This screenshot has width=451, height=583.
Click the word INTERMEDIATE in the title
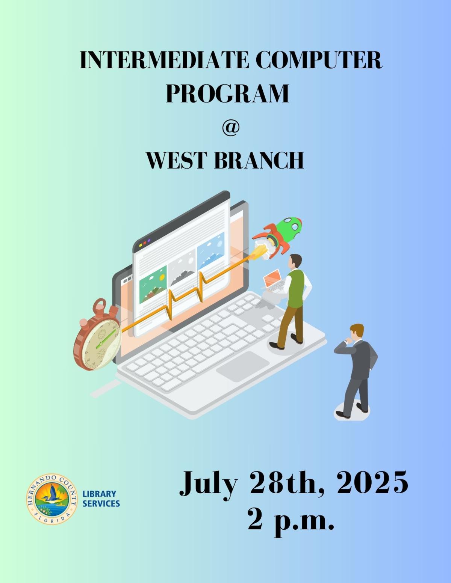pos(164,60)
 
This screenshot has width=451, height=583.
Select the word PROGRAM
pos(227,93)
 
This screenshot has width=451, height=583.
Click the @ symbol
pos(230,128)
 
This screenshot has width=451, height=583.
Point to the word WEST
pos(177,160)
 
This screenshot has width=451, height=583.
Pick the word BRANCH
pos(259,160)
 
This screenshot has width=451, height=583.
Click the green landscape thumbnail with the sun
pos(153,285)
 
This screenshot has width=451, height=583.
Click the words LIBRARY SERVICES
pos(101,499)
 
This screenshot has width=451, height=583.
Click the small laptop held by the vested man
pos(274,281)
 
